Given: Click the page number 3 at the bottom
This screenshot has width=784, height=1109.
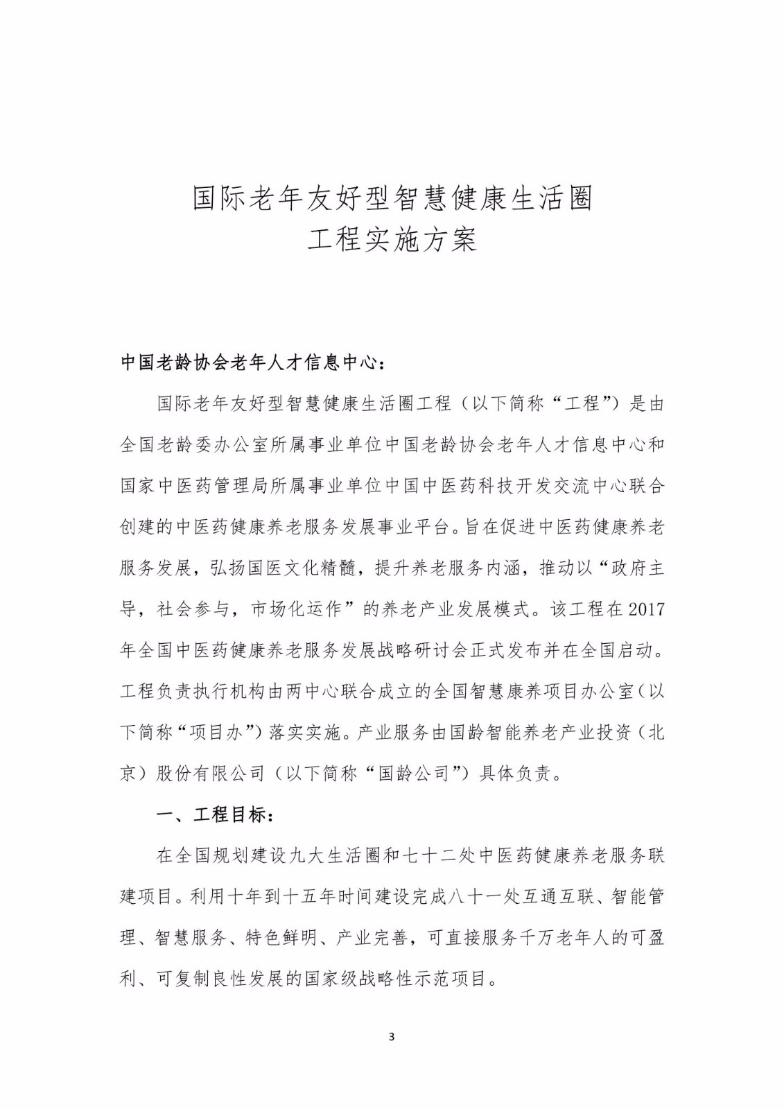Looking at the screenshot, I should pyautogui.click(x=392, y=1037).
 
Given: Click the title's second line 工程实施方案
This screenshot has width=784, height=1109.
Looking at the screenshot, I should pyautogui.click(x=392, y=241).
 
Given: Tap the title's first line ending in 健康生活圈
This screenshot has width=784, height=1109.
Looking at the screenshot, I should pyautogui.click(x=392, y=199).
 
